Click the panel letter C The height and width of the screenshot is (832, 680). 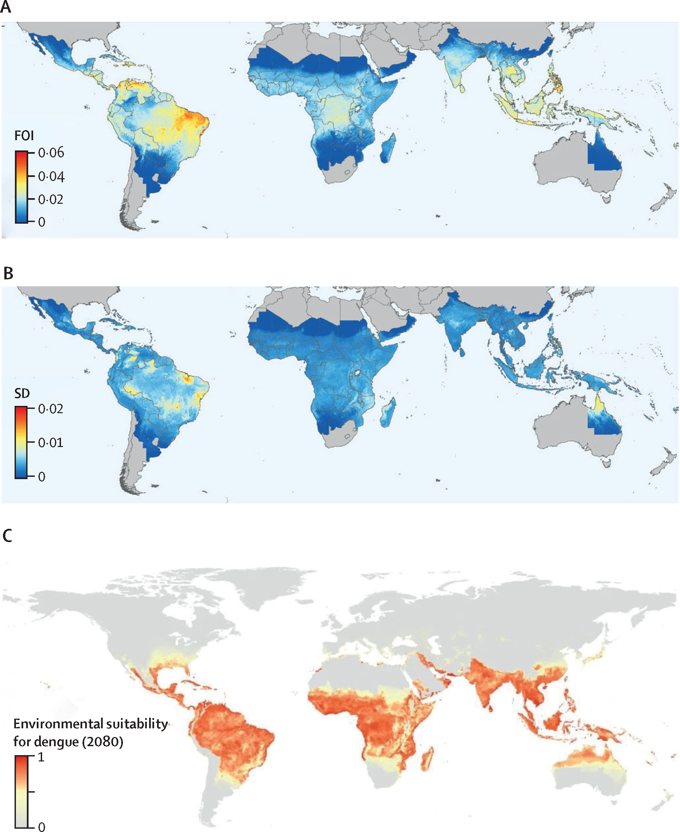pyautogui.click(x=7, y=535)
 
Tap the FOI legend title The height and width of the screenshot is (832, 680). pyautogui.click(x=24, y=136)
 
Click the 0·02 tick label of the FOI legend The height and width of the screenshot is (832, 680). pyautogui.click(x=50, y=200)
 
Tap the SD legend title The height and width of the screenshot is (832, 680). pyautogui.click(x=22, y=393)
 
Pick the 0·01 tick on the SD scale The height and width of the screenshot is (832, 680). pyautogui.click(x=50, y=443)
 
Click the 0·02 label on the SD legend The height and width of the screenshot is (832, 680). pyautogui.click(x=50, y=409)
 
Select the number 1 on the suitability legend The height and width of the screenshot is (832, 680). pyautogui.click(x=41, y=756)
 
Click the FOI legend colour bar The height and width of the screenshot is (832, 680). pyautogui.click(x=21, y=187)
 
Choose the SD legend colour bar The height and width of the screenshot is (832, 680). pyautogui.click(x=21, y=442)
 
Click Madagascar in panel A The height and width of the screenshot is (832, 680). pyautogui.click(x=388, y=148)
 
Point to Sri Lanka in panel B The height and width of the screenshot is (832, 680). pyautogui.click(x=462, y=352)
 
